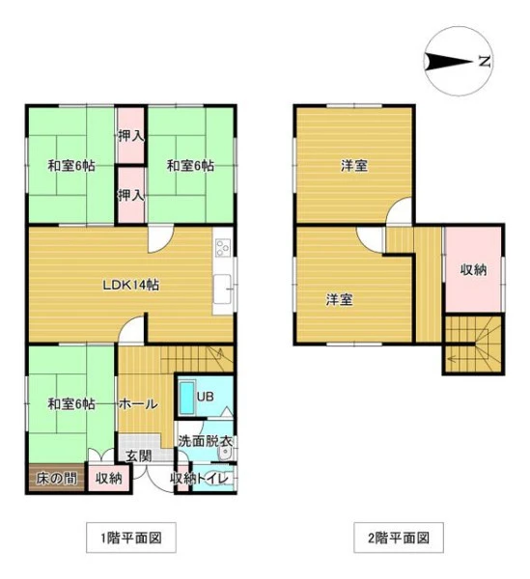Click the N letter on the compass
485,61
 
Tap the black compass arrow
448,62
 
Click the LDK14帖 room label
130,285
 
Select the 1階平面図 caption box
131,538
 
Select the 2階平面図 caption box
399,538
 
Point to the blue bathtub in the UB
186,398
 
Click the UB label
205,397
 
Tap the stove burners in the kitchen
223,247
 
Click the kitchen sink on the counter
222,289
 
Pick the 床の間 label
57,479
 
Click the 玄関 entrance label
139,455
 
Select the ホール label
138,404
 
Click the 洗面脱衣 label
205,441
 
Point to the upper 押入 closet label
131,136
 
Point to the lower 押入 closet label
131,195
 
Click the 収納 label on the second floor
473,270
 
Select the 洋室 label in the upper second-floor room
354,165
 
